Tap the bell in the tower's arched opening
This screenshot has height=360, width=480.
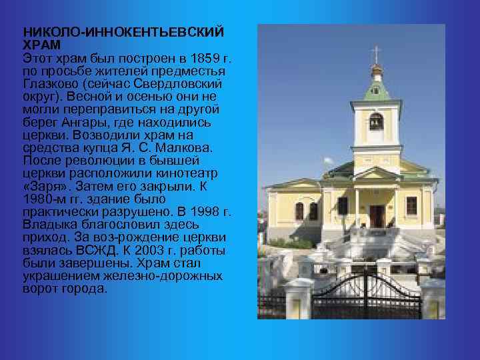[x=376, y=121]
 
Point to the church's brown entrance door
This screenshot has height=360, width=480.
[x=377, y=215]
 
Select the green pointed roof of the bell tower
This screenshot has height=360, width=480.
[x=376, y=87]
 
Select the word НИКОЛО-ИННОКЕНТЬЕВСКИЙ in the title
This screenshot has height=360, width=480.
[x=123, y=32]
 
